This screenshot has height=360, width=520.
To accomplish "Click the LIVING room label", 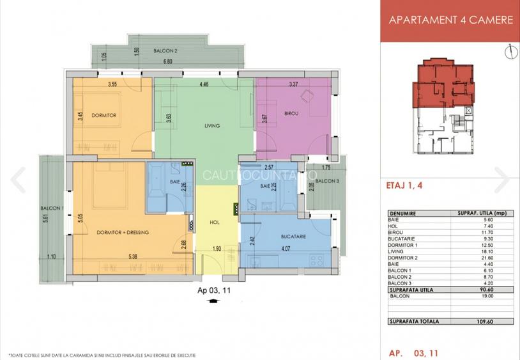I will (212, 126).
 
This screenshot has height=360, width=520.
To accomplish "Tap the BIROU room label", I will (292, 114).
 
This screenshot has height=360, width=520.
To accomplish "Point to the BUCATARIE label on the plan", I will (294, 236).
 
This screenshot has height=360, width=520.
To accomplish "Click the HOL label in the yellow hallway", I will (215, 223).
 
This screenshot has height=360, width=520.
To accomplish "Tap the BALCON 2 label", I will (165, 50).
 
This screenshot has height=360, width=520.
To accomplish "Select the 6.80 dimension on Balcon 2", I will (167, 62).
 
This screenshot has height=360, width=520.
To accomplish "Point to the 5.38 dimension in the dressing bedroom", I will (133, 257).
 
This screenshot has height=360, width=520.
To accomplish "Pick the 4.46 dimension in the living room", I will (204, 84).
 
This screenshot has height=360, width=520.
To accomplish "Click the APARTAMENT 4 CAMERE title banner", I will (451, 20).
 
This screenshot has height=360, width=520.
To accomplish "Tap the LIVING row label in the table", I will (397, 253).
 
